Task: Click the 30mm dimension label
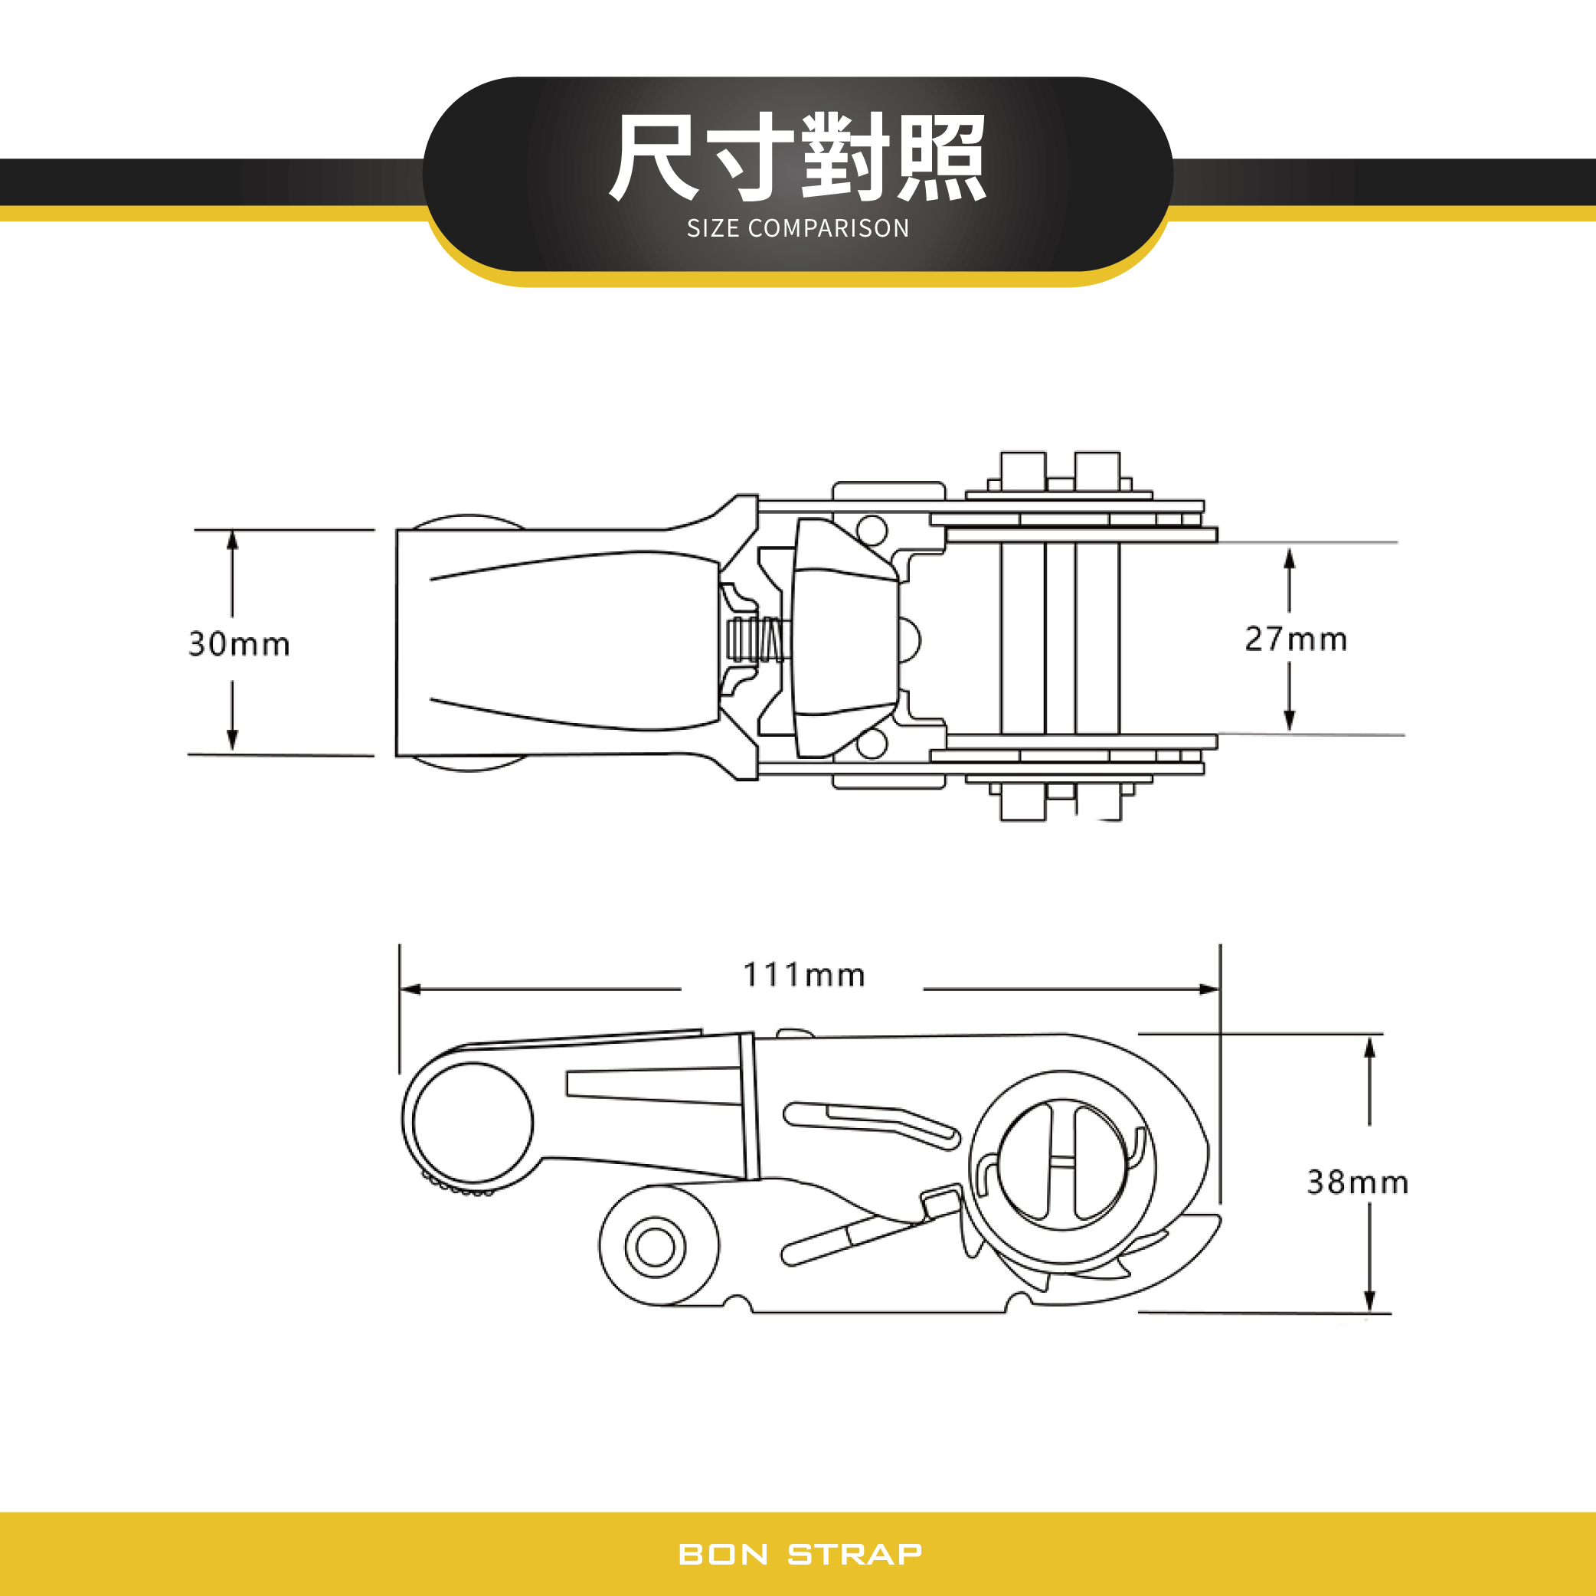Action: (239, 644)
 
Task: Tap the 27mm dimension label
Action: (1295, 639)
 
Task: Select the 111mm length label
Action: (803, 975)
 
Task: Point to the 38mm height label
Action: (1357, 1182)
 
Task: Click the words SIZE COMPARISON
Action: (798, 228)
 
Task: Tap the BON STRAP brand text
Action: (799, 1554)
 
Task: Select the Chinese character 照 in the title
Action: (941, 157)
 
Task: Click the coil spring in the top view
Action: (757, 639)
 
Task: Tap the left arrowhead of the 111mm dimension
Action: (410, 989)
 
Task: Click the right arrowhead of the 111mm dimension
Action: (1210, 989)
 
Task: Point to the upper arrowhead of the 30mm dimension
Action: (232, 539)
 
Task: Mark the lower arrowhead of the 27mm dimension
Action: (1289, 722)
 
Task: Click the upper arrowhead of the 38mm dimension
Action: (1369, 1047)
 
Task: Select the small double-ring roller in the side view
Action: (655, 1247)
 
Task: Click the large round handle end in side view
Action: (473, 1122)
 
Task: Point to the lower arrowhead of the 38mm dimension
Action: (1369, 1301)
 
